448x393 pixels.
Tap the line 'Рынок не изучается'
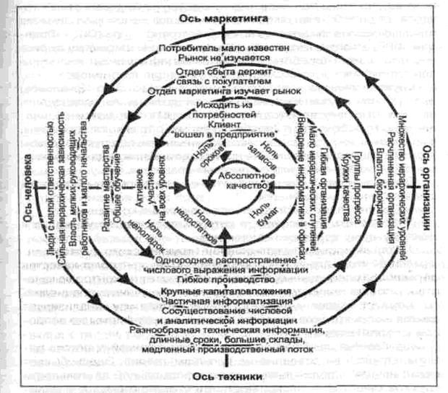225,58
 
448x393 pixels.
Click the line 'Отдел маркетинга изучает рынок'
225,93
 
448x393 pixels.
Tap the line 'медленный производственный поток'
225,348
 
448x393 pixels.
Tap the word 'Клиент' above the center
225,124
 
